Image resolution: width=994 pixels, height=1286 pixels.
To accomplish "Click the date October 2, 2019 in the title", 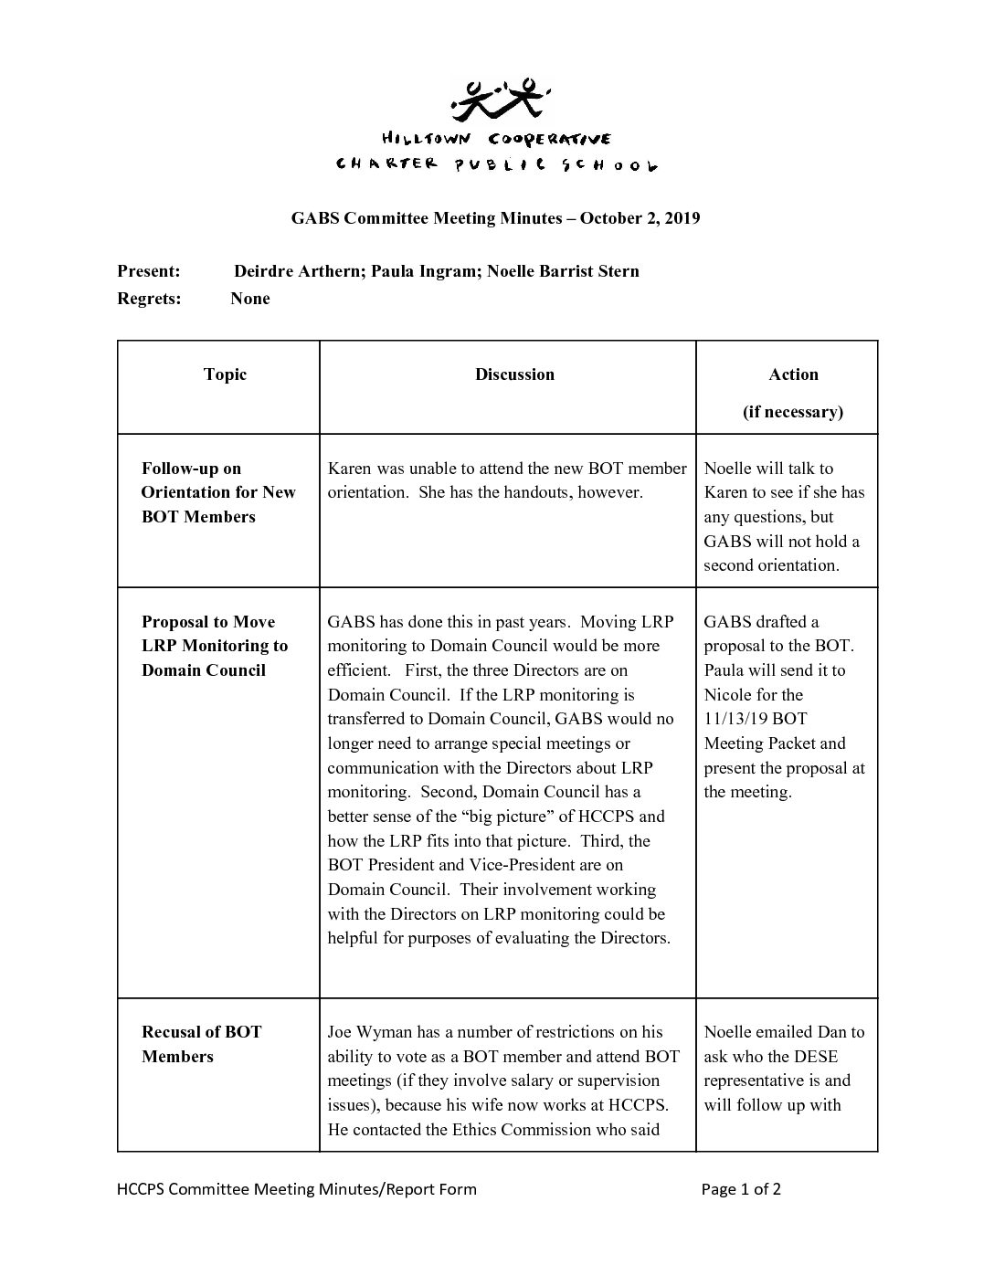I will point(640,218).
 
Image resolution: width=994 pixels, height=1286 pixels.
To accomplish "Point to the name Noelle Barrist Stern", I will point(563,271).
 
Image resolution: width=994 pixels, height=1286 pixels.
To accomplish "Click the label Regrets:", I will point(149,299).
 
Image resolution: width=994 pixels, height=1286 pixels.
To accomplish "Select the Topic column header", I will point(225,374).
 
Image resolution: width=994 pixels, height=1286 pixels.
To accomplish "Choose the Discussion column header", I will point(514,374).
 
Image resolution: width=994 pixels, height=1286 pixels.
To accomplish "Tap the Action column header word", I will point(793,374).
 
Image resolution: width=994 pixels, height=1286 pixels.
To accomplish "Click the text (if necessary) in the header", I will point(793,412).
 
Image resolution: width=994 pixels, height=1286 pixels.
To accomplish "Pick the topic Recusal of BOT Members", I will point(201,1044).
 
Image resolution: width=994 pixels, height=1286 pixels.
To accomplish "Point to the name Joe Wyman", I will point(370,1032).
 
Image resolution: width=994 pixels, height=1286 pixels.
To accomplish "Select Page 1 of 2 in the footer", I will point(741,1189).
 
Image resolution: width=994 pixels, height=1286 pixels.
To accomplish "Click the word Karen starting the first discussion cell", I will point(349,469).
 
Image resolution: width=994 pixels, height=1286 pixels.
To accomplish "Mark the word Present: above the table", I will point(149,271).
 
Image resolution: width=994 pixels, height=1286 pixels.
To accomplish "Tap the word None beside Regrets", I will point(250,299).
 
